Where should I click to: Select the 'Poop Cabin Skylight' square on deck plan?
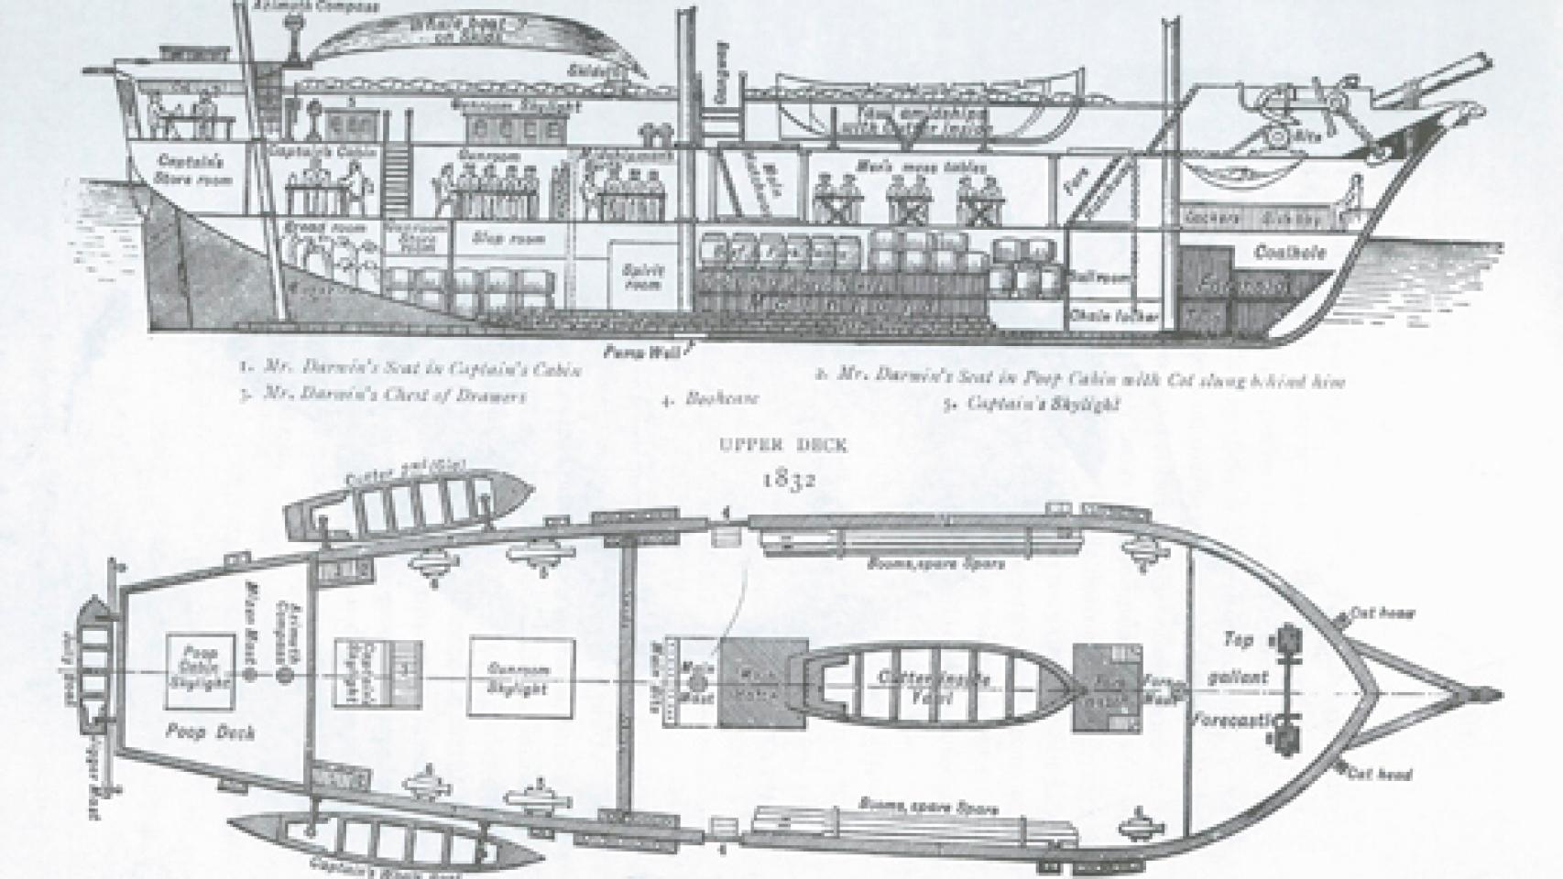pyautogui.click(x=199, y=673)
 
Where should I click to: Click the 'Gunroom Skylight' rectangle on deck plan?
pyautogui.click(x=521, y=677)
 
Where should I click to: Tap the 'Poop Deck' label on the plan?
pyautogui.click(x=198, y=732)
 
